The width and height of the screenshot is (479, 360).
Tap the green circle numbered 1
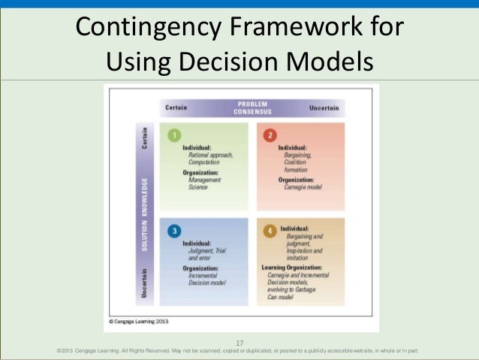coord(174,135)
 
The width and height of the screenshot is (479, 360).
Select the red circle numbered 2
coord(271,135)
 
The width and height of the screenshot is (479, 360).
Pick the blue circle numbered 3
coord(174,231)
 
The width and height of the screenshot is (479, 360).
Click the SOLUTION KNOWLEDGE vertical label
coord(144,214)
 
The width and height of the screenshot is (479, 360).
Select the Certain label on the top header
coord(177,109)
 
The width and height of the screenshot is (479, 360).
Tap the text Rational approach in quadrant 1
coord(211,155)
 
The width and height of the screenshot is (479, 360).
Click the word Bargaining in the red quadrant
coord(300,155)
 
